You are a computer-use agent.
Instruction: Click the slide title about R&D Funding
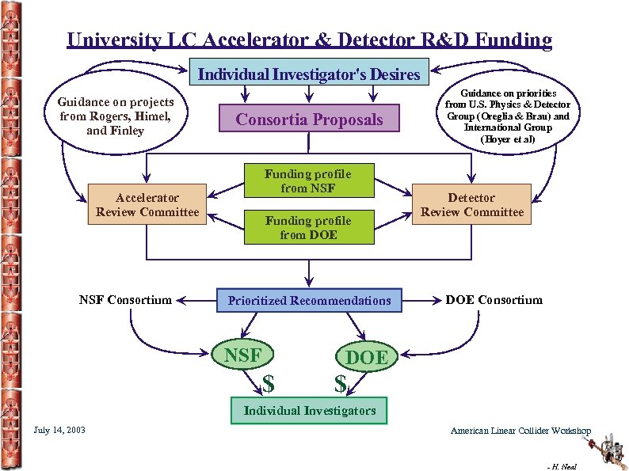point(310,40)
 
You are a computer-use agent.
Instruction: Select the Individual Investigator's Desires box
point(309,74)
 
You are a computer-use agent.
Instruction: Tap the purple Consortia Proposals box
point(309,120)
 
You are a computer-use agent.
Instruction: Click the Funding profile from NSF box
point(308,181)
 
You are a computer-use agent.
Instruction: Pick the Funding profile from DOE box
point(308,227)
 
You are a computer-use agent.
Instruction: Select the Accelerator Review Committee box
point(147,204)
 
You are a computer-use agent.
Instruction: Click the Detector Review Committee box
point(472,204)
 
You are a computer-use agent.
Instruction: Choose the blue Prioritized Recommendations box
point(309,300)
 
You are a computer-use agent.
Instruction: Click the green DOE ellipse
point(367,357)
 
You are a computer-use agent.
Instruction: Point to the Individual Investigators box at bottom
point(309,410)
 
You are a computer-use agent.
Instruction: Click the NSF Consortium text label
point(125,299)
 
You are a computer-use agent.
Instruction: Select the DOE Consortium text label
point(494,299)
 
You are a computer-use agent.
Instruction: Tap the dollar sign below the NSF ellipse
point(269,384)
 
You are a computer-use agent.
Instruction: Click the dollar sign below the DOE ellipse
point(341,384)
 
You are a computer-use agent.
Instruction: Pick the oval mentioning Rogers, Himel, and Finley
point(116,116)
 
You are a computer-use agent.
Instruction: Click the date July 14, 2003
point(60,430)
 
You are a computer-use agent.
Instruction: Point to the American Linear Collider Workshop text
point(520,431)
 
